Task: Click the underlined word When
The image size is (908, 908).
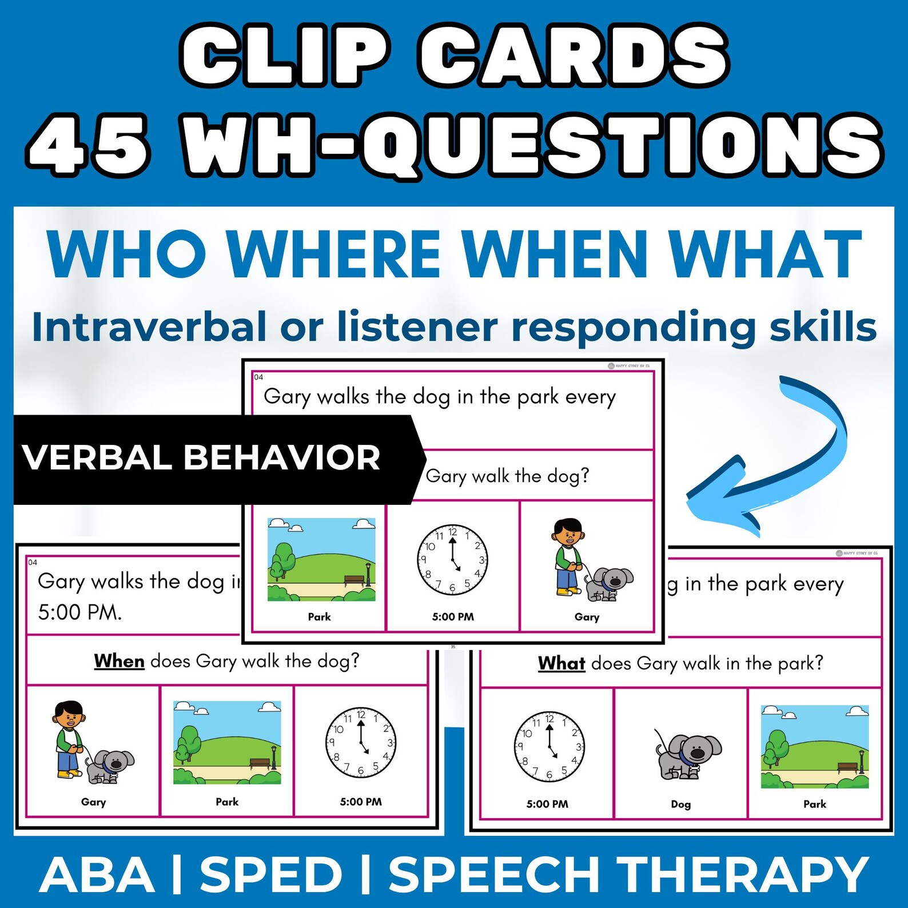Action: (x=119, y=661)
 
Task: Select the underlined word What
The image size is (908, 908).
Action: (x=561, y=663)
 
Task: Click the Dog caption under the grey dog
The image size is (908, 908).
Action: (x=680, y=804)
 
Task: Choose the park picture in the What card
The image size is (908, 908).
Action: (x=814, y=746)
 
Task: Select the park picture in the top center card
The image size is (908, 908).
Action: (x=321, y=559)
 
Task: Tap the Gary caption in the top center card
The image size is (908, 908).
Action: (x=587, y=616)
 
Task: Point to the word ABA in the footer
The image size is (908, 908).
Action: (x=97, y=875)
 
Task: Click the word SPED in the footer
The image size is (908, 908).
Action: (x=270, y=875)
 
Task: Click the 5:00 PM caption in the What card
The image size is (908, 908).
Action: (x=547, y=804)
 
